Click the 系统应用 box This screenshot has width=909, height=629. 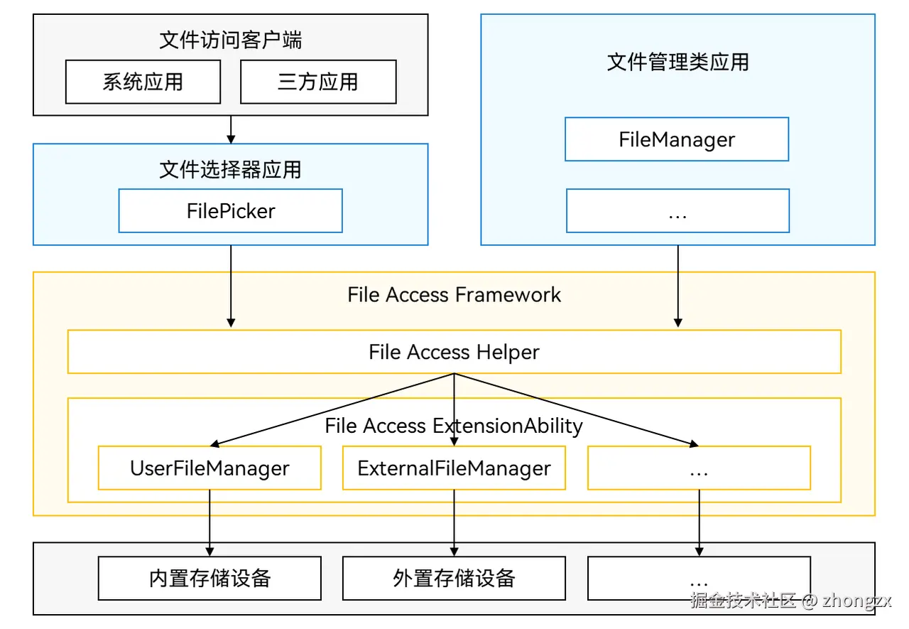pyautogui.click(x=143, y=82)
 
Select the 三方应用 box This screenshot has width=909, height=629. pyautogui.click(x=318, y=82)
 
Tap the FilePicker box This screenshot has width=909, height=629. pyautogui.click(x=231, y=210)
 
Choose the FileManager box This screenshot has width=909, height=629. pyautogui.click(x=677, y=139)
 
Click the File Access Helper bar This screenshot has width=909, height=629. pyautogui.click(x=454, y=352)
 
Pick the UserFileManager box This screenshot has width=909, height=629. pyautogui.click(x=209, y=468)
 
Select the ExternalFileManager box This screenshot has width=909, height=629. pyautogui.click(x=454, y=468)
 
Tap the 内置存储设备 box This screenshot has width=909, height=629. pyautogui.click(x=209, y=578)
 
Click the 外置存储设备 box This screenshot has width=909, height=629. pyautogui.click(x=454, y=578)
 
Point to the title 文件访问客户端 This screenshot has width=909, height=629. pyautogui.click(x=231, y=40)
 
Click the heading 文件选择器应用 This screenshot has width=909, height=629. pyautogui.click(x=231, y=169)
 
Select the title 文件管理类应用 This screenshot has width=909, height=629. pyautogui.click(x=678, y=62)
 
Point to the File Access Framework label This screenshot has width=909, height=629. pyautogui.click(x=454, y=295)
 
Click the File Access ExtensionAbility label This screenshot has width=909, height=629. pyautogui.click(x=454, y=426)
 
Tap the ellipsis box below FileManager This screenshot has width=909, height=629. pyautogui.click(x=677, y=211)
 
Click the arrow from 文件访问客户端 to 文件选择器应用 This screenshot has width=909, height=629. pyautogui.click(x=231, y=129)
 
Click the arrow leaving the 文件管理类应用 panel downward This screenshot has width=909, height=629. pyautogui.click(x=678, y=284)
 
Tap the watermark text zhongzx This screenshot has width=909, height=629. pyautogui.click(x=857, y=601)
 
